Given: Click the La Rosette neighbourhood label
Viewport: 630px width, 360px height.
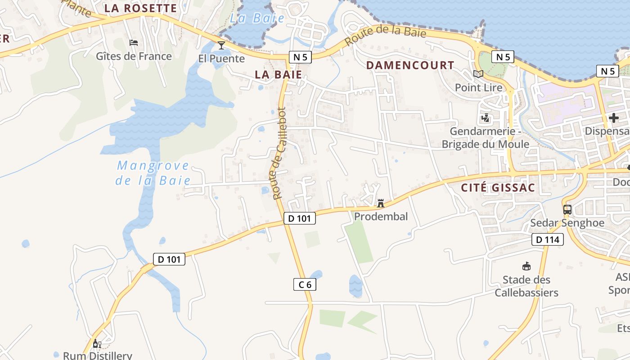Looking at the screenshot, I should [x=140, y=8].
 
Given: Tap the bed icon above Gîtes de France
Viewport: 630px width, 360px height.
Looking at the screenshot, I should [x=134, y=43].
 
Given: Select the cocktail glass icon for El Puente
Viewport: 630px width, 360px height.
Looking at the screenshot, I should [x=221, y=45].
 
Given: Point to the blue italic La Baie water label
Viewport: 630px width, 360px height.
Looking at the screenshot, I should [x=257, y=18].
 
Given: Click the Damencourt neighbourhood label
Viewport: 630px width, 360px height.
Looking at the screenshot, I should [x=410, y=65].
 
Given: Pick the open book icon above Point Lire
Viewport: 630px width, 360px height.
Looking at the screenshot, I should [x=478, y=74].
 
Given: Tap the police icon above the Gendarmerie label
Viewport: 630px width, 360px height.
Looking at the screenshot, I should [x=485, y=118].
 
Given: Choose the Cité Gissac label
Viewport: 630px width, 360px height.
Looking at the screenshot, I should [x=498, y=188].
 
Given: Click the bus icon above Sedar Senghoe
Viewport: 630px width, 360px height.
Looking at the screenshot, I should [x=567, y=209].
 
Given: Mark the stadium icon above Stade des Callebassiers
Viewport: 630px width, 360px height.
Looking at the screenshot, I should [x=526, y=266].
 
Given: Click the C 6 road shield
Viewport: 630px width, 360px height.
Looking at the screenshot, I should [x=305, y=284].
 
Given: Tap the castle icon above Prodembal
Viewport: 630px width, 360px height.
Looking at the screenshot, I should [x=381, y=203].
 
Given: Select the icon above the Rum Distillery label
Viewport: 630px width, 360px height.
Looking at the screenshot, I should [x=97, y=344].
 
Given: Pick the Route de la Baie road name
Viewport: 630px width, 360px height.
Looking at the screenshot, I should [x=385, y=36].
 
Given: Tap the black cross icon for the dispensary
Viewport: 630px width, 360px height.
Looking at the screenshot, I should [x=613, y=118].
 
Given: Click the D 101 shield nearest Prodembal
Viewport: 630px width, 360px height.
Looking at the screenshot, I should [x=300, y=219].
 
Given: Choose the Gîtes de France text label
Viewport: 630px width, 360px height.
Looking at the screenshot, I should [x=134, y=56].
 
